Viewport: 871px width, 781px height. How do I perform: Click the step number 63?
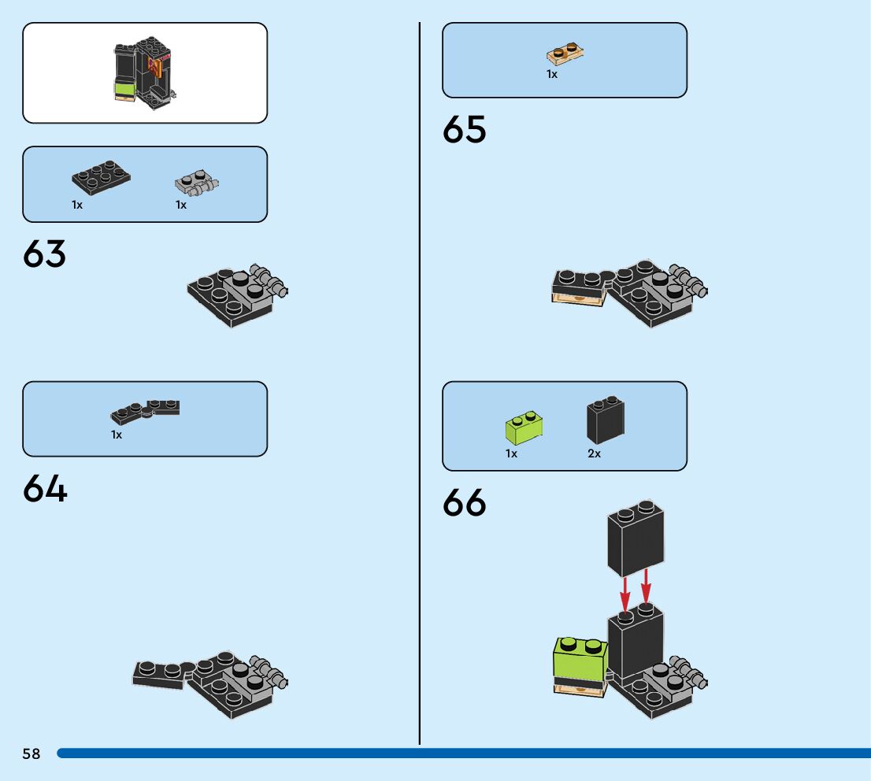coord(45,254)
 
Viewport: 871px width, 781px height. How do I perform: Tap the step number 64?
coord(45,489)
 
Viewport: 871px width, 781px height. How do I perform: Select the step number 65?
coord(465,130)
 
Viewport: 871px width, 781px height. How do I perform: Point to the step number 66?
coord(465,503)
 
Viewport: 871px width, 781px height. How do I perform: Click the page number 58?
coord(32,753)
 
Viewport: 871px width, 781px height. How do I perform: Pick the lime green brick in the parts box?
coord(526,428)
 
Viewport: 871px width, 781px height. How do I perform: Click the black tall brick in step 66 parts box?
coord(605,420)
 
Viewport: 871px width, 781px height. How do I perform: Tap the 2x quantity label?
coord(594,454)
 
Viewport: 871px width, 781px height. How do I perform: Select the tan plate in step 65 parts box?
coord(565,54)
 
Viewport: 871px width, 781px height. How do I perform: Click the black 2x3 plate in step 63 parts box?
coord(101,178)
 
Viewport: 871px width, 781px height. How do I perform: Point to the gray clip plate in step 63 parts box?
coord(195,184)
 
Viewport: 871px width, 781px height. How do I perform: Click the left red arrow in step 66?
coord(625,590)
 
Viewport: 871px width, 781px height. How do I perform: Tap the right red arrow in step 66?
coord(646,587)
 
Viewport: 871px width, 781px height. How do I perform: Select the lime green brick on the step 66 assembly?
coord(580,658)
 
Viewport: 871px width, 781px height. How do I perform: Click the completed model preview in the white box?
coord(143,72)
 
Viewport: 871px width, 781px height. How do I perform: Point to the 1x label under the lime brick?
coord(511,454)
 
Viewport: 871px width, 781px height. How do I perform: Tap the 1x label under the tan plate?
coord(552,74)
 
